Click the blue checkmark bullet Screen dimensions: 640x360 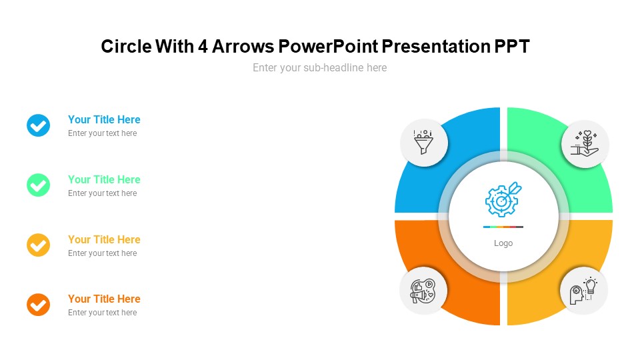click(39, 125)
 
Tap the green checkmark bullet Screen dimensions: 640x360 click(39, 185)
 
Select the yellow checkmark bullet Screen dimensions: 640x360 click(39, 245)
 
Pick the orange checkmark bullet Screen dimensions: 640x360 click(39, 305)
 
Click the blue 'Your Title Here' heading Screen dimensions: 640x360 click(104, 119)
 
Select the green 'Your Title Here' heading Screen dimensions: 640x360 click(104, 179)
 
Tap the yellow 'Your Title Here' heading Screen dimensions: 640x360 click(104, 239)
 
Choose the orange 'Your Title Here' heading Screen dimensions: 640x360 click(104, 299)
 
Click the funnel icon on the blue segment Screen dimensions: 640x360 click(424, 142)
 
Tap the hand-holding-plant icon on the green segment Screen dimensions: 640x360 click(585, 144)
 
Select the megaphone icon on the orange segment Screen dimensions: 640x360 click(423, 291)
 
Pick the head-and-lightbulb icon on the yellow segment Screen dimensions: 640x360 click(584, 291)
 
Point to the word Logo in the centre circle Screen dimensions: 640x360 click(503, 243)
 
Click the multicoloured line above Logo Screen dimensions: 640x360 click(503, 227)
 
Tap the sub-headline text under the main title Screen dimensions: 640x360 click(319, 68)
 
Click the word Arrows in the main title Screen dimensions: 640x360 click(243, 47)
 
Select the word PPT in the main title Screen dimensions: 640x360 click(512, 47)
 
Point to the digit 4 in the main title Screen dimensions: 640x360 click(203, 47)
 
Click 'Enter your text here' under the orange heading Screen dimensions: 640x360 click(103, 313)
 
